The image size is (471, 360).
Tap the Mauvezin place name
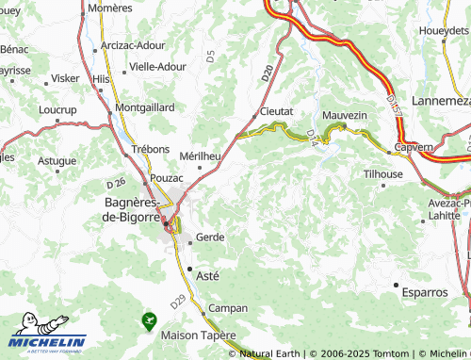(x=343, y=114)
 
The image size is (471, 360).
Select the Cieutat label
(x=276, y=111)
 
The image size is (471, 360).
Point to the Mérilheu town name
(x=200, y=155)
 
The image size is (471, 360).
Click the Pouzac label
(x=167, y=177)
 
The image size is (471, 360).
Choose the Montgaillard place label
(x=144, y=107)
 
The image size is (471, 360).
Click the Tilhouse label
(x=383, y=174)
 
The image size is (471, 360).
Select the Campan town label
(x=227, y=308)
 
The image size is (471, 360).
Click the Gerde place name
(x=209, y=237)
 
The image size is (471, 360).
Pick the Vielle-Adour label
(x=158, y=67)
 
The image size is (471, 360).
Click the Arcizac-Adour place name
(x=132, y=44)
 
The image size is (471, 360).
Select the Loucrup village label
(x=57, y=109)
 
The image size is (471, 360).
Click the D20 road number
(x=268, y=71)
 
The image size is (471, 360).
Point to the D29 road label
(x=179, y=302)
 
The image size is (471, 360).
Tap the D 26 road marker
(x=116, y=182)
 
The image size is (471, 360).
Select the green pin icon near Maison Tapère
(x=148, y=321)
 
